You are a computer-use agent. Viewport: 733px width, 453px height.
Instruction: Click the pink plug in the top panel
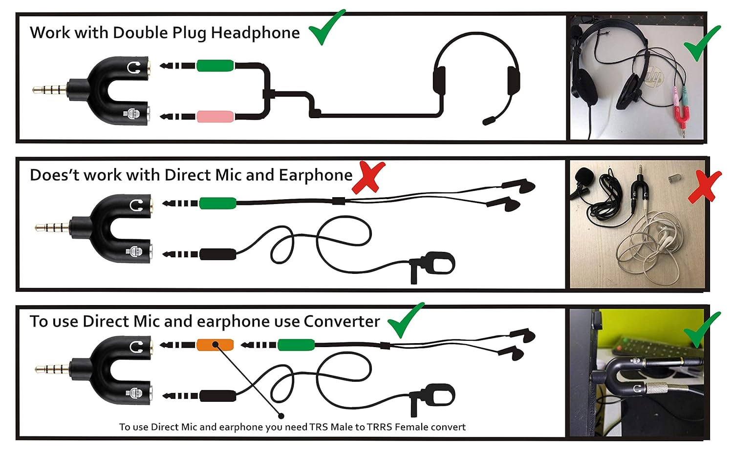point(216,117)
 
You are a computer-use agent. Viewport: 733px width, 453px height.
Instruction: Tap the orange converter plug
point(215,345)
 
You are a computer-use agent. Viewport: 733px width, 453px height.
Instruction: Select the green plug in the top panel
point(216,66)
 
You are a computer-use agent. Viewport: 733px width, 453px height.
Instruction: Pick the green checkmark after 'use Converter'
point(406,320)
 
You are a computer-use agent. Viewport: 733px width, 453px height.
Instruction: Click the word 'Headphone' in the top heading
point(255,33)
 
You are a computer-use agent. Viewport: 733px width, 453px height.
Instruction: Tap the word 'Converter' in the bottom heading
point(342,321)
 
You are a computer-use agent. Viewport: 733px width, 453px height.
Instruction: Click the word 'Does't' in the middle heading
point(55,175)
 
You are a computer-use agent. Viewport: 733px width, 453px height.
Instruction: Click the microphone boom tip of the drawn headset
point(489,121)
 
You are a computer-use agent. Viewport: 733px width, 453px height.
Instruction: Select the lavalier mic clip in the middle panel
point(432,267)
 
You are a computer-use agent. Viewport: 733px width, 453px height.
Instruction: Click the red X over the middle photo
point(705,186)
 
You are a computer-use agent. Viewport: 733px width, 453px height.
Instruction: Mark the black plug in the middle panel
point(217,254)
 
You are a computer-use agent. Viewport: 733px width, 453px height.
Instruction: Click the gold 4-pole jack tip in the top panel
point(50,89)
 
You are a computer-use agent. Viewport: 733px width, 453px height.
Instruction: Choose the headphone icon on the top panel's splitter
point(134,68)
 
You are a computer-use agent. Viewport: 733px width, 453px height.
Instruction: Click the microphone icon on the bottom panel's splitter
point(134,393)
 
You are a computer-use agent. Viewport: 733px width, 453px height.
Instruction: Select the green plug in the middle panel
point(217,203)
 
